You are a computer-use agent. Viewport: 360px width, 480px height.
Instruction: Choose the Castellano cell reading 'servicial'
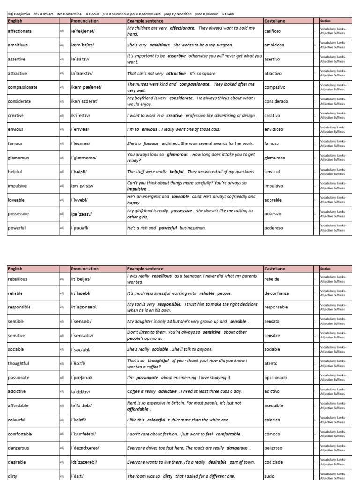272,172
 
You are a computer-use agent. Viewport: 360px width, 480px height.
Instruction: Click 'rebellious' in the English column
18,279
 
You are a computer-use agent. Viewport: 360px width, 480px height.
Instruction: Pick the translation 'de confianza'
277,293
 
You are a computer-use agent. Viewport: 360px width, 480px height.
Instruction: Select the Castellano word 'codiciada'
274,462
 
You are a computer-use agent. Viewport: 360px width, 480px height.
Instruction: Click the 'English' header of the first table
16,21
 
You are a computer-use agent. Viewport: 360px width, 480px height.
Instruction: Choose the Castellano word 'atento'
271,363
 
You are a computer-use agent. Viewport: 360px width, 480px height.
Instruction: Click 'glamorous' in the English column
19,157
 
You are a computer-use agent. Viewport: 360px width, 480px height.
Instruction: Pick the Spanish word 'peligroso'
274,448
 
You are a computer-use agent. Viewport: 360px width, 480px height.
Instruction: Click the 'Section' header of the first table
325,21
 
